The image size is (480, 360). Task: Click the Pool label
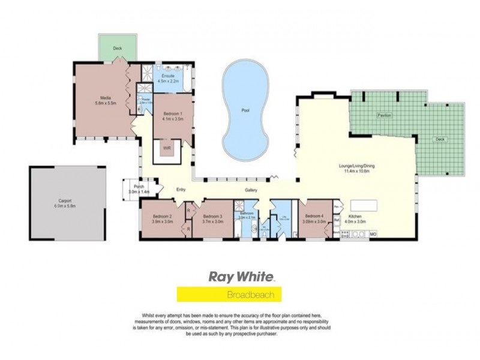[245, 111]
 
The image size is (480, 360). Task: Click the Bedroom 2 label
[162, 218]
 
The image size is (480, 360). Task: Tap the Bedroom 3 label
[212, 218]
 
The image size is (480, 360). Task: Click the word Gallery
[251, 191]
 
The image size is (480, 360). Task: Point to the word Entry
[181, 190]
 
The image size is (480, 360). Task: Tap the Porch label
[139, 189]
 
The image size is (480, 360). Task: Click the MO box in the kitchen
[372, 233]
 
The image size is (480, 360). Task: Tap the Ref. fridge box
[337, 220]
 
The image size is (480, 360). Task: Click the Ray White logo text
[241, 277]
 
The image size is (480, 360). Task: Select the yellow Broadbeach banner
[229, 295]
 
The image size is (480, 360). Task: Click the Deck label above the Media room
[118, 48]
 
